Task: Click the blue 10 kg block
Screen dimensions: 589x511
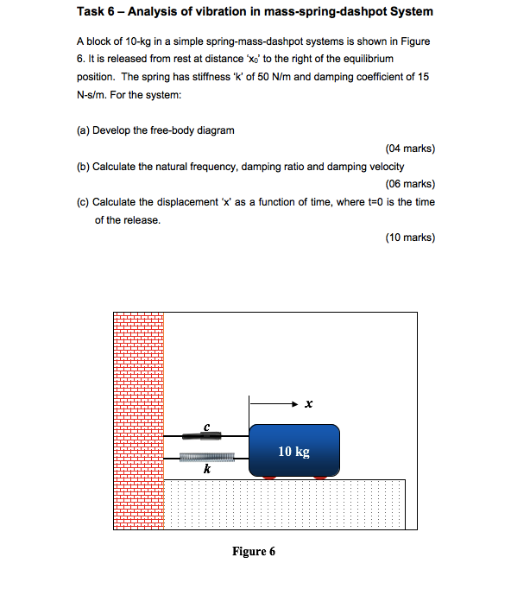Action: pos(293,449)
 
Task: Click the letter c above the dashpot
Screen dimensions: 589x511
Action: pos(207,426)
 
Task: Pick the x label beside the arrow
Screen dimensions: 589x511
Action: pos(308,403)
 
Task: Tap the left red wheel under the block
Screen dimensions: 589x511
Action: pos(269,477)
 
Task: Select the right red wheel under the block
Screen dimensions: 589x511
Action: pos(320,477)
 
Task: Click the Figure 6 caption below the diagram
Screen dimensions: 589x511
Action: pos(254,551)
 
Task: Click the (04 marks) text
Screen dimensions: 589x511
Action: pos(411,149)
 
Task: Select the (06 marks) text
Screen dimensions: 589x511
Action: pos(411,184)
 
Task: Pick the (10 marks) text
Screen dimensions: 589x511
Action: pos(411,237)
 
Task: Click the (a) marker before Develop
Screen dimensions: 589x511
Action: pos(83,130)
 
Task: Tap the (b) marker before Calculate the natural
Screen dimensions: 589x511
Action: pos(83,166)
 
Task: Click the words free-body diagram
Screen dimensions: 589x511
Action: pos(198,130)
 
